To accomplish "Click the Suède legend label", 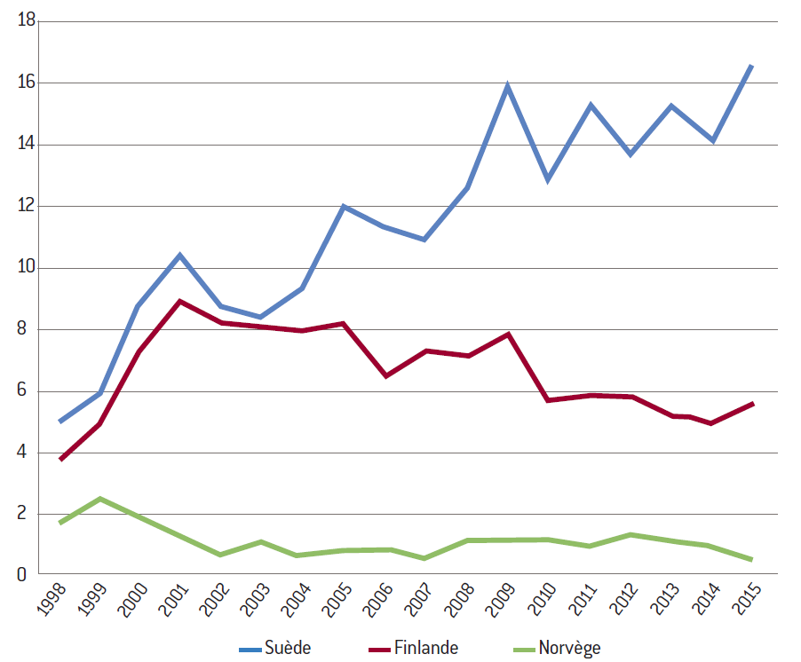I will (288, 649).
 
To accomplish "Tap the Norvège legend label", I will (569, 649).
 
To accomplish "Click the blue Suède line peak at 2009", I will (507, 86).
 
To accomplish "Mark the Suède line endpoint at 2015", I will (751, 66).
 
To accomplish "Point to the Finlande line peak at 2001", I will (180, 301).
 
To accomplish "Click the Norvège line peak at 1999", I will (100, 499).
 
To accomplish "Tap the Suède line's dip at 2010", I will (548, 180).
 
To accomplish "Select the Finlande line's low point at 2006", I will (385, 376).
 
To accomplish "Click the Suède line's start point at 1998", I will (60, 422).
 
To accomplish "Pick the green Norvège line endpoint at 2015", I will (751, 560).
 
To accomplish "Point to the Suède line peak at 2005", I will (344, 207).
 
